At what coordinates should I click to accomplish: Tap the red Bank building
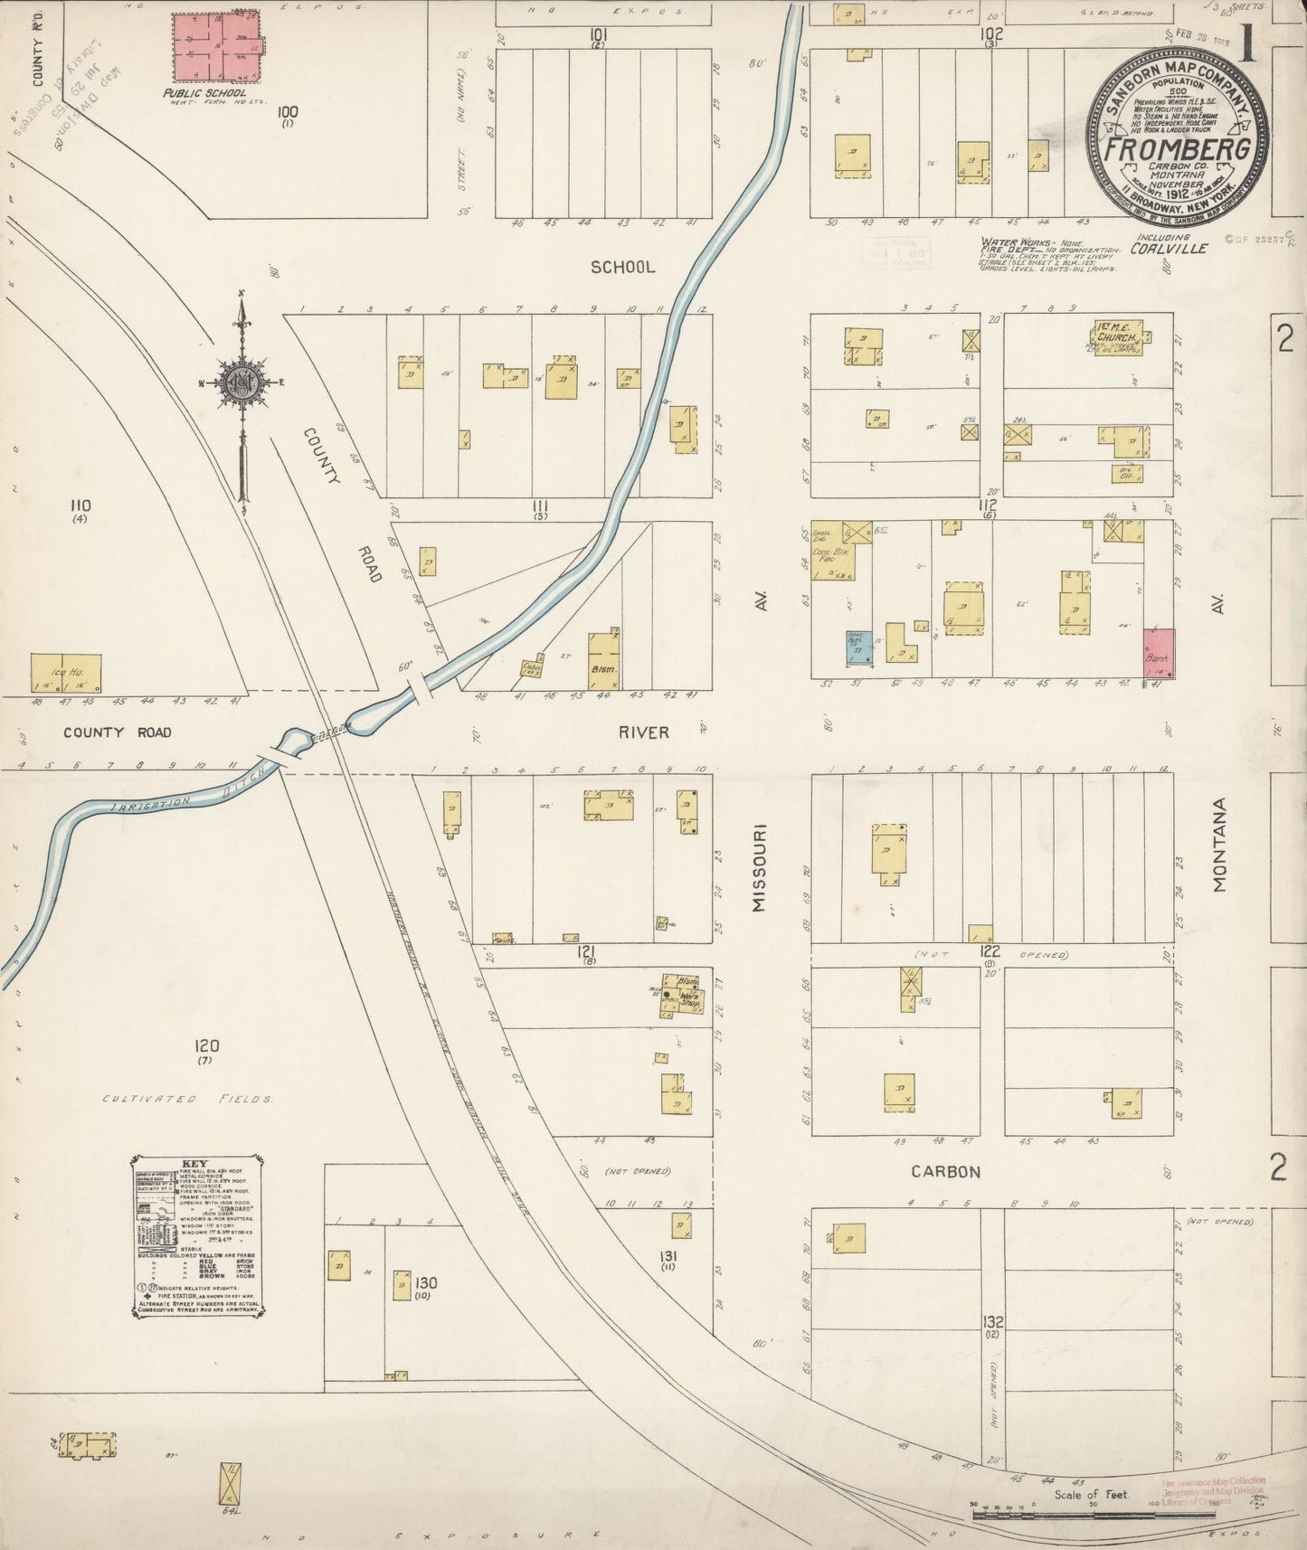coord(1159,653)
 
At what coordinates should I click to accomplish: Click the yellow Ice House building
coord(65,674)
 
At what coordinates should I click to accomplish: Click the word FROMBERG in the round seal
coord(1178,149)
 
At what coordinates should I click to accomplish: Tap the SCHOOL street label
coord(622,268)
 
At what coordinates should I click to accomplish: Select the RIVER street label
coord(644,732)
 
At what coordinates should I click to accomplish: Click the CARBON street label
coord(945,1171)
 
